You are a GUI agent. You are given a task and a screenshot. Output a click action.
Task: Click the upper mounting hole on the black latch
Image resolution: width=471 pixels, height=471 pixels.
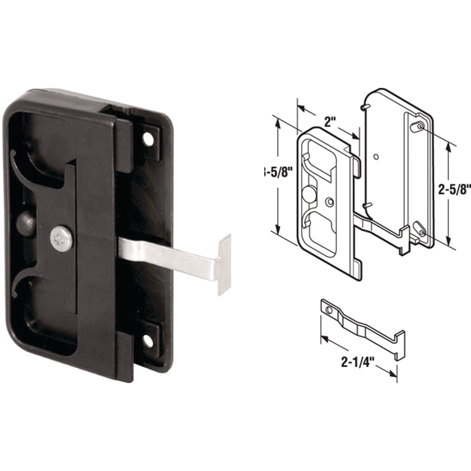click(148, 139)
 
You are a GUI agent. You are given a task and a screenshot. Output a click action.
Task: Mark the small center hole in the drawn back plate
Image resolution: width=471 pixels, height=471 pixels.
click(376, 157)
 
